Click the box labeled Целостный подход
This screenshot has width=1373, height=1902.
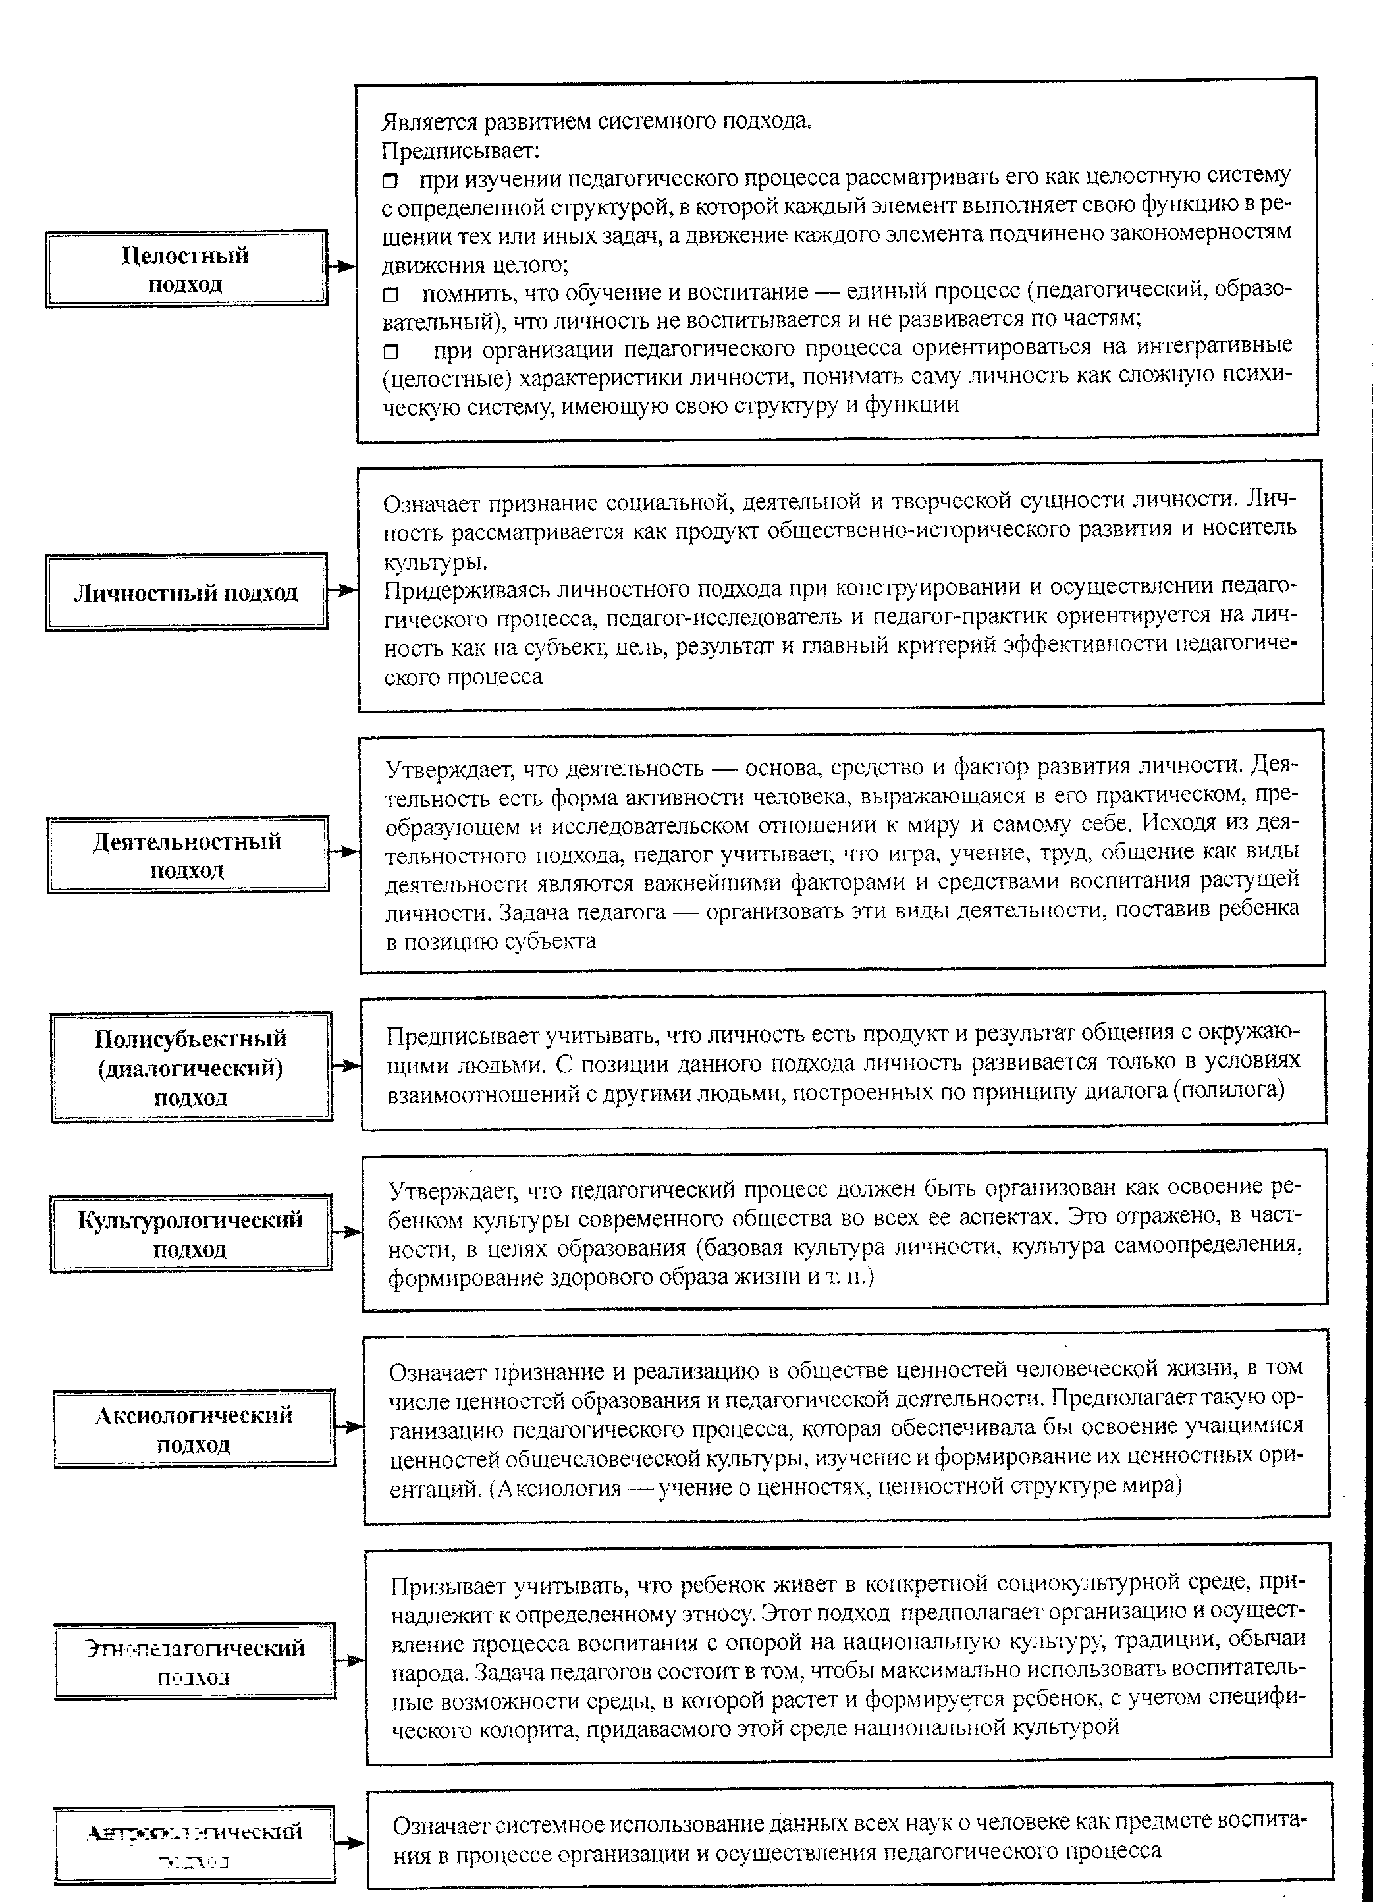click(186, 268)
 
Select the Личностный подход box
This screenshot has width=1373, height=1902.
click(186, 592)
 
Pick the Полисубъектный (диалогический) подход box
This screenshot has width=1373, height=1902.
click(190, 1067)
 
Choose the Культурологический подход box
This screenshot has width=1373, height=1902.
click(190, 1233)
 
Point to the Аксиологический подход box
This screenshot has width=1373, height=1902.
click(194, 1428)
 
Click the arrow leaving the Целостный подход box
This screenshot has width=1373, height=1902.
click(341, 267)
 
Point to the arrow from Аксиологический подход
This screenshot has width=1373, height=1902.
click(349, 1426)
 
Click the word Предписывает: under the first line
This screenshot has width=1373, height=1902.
click(460, 151)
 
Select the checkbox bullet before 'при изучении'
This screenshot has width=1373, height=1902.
click(390, 181)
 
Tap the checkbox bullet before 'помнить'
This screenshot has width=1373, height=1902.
click(390, 294)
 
